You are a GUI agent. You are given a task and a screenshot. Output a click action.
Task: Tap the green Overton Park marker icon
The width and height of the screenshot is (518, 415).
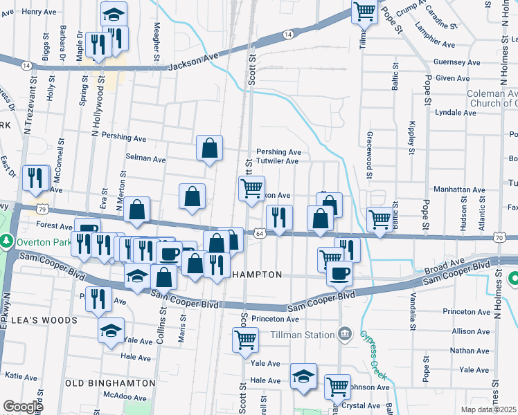point(7,242)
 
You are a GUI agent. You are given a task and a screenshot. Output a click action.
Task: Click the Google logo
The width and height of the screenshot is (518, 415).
point(23,407)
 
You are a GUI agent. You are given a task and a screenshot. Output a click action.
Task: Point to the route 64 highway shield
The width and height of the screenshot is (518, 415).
point(259,234)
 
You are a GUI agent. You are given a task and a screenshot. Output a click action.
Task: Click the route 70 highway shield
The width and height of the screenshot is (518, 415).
point(499,238)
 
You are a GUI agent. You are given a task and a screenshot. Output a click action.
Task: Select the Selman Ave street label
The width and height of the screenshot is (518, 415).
point(145,158)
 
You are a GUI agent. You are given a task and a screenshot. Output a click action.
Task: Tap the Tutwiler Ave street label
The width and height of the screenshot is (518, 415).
point(277,161)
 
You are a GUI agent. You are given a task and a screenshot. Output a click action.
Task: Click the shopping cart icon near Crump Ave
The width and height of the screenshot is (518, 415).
point(364,11)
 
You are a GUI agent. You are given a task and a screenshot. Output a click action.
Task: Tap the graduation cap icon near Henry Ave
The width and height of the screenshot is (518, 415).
point(114,13)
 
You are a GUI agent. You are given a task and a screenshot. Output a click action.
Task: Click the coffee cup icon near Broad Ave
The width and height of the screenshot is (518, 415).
point(339,273)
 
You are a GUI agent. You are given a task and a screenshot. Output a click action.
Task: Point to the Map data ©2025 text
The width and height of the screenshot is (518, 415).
point(488,409)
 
